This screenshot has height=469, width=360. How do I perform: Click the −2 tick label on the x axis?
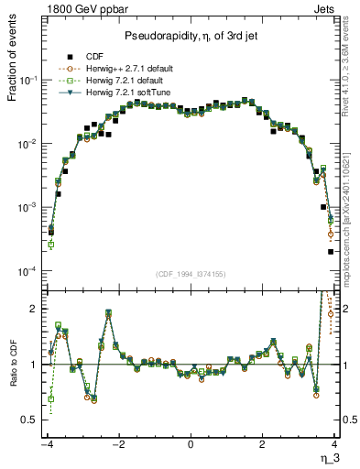pyautogui.click(x=117, y=444)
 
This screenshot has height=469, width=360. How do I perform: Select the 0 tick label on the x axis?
pyautogui.click(x=191, y=444)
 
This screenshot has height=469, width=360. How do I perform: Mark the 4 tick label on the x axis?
pyautogui.click(x=335, y=444)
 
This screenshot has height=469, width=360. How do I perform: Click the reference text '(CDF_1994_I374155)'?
pyautogui.click(x=191, y=273)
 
